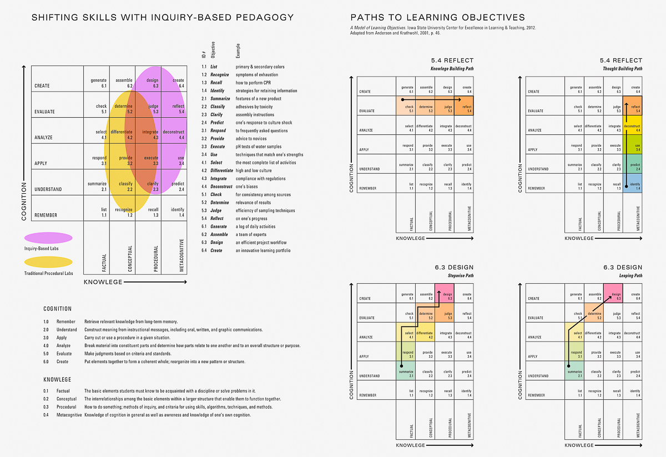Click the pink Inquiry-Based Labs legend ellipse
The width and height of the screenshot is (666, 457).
tap(48, 238)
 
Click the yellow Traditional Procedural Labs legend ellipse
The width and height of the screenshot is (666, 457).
tap(48, 262)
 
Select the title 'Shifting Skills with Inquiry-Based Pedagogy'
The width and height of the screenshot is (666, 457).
tap(163, 18)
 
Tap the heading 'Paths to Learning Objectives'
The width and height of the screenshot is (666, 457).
tap(437, 18)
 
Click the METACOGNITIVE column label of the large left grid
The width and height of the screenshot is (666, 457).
tap(181, 256)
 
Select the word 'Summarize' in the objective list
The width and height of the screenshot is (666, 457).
tap(220, 99)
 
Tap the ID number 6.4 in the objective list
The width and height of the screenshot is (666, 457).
tap(204, 250)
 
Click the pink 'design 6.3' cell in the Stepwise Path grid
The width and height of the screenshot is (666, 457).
tap(445, 294)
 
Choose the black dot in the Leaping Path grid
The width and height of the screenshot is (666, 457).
tap(569, 366)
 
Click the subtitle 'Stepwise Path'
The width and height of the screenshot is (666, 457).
tap(461, 275)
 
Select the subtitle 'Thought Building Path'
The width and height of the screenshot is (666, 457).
tap(622, 69)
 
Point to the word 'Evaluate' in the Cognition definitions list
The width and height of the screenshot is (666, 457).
tap(64, 354)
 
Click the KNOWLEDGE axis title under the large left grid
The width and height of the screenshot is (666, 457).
tap(103, 282)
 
